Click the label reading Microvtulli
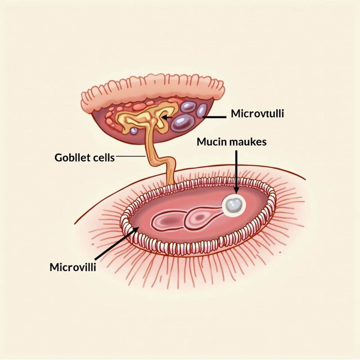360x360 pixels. [x=258, y=114]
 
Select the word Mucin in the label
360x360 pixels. [x=210, y=142]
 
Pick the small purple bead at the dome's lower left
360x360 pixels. [x=134, y=130]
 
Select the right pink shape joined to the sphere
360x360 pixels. [x=200, y=217]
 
